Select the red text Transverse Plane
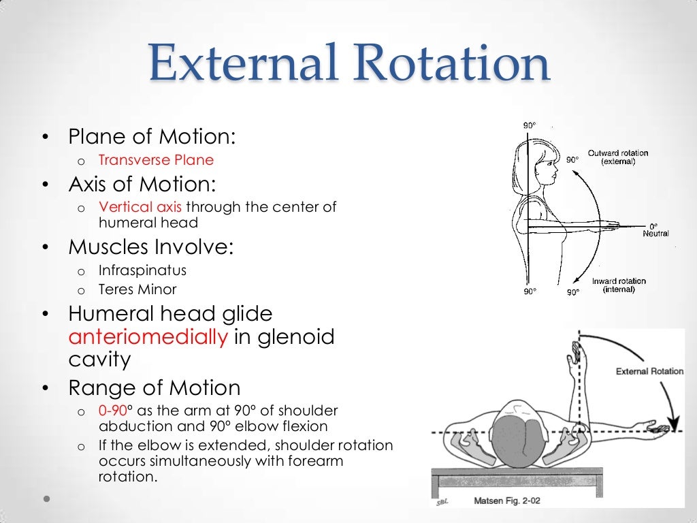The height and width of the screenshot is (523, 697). coord(156,160)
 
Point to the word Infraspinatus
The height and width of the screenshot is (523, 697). coord(142,270)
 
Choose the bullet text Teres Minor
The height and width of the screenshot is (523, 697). coord(137,289)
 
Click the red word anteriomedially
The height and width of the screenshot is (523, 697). coord(148,337)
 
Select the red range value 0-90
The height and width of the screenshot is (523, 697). coord(112,411)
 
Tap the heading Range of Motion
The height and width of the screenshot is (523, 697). coord(154,388)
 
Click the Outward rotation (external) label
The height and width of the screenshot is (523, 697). coord(618,157)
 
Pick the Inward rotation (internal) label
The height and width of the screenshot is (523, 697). coord(619,285)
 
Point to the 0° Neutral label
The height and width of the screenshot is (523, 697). coord(655,229)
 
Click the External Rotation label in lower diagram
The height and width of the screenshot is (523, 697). coord(649,371)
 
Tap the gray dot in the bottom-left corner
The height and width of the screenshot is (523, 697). coord(46,498)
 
